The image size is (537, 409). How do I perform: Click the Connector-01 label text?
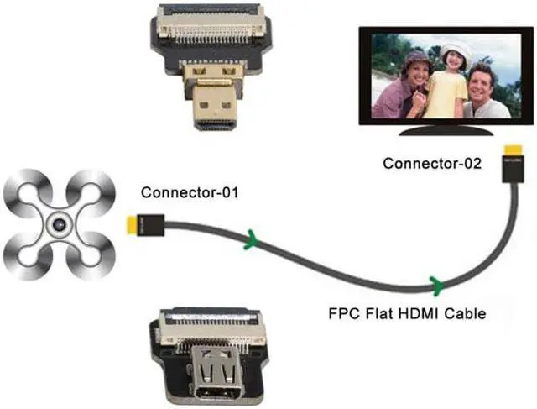point(190,192)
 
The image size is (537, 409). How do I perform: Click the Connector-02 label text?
point(432,163)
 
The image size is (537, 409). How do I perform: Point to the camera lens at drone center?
point(58,224)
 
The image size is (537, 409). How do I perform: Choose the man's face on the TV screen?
point(483,82)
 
